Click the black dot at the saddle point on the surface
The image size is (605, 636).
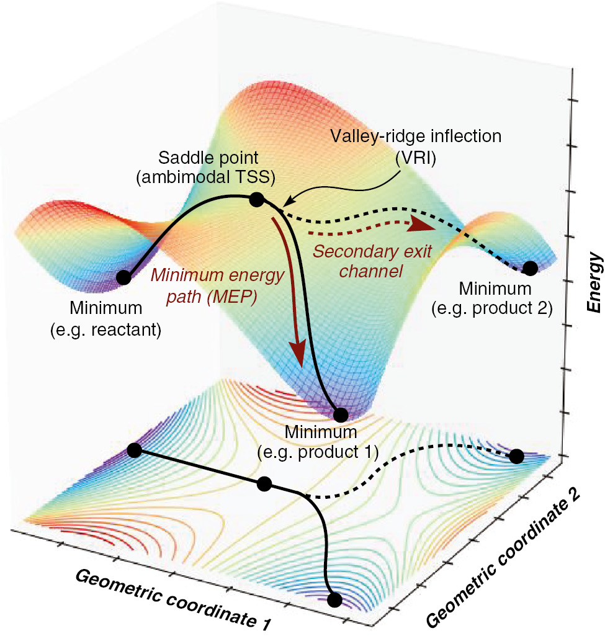[x=256, y=199]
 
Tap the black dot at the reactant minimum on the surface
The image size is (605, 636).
[x=123, y=277]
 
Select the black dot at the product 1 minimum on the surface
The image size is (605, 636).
[x=340, y=414]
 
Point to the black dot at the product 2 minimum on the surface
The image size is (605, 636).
[x=530, y=268]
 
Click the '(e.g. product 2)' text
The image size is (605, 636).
[x=496, y=308]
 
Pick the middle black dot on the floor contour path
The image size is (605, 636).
[x=264, y=483]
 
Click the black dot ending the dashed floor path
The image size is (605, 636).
[x=516, y=457]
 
